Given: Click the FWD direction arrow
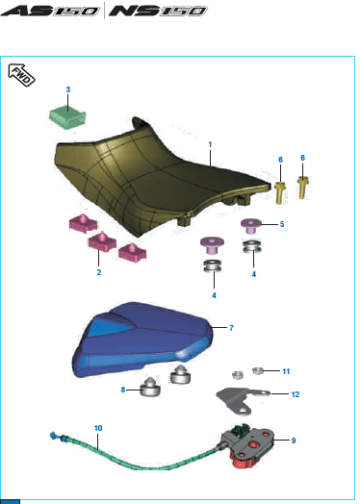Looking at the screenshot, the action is [21, 75].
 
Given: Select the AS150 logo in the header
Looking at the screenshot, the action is [50, 11].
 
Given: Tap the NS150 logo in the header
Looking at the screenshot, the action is [158, 11].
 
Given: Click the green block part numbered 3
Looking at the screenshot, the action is [67, 118].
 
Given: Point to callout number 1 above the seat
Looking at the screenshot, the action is [210, 144].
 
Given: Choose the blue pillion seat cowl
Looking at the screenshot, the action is [141, 340].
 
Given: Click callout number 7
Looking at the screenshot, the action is [231, 328].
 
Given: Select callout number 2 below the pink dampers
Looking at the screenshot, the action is [99, 272].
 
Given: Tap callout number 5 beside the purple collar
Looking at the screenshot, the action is [282, 224].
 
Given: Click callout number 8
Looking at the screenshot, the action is [123, 390].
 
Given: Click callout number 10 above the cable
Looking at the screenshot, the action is [98, 428].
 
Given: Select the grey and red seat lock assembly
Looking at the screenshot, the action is [250, 446].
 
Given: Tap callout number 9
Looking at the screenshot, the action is [294, 441].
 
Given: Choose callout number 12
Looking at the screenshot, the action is [295, 394].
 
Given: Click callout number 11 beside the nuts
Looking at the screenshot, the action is [286, 371].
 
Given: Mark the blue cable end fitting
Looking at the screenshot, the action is [54, 436].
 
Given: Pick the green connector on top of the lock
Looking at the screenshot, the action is [242, 430].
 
